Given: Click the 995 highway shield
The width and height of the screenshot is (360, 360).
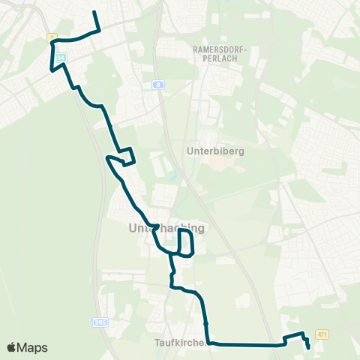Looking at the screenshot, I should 100,322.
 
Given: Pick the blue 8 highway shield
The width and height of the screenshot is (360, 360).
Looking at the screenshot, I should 158,85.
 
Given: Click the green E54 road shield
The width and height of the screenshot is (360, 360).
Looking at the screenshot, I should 60,57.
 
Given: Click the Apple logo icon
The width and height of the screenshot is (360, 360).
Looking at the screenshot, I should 12,347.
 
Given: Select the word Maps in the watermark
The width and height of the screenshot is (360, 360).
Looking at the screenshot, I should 32,347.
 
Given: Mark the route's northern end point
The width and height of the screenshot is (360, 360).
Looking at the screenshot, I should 94,13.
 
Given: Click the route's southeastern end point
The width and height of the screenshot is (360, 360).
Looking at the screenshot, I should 309,347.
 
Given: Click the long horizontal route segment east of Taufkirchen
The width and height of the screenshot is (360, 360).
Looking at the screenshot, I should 247,345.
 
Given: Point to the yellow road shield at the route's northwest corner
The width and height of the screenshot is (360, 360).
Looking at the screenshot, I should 52,37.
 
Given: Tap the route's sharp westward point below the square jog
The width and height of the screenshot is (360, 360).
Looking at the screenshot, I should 109,158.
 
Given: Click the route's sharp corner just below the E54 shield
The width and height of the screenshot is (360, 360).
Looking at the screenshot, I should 51,70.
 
